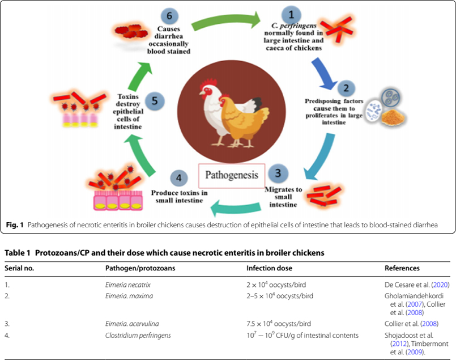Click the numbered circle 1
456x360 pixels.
click(291, 14)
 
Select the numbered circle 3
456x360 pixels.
click(277, 172)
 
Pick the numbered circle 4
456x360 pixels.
click(178, 177)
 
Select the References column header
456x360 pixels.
click(403, 268)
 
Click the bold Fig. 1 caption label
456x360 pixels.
click(14, 225)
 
